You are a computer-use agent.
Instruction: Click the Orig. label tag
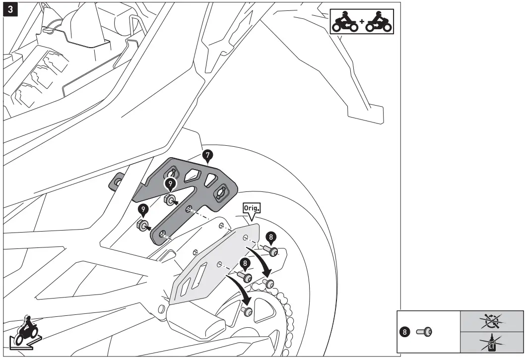coord(251,209)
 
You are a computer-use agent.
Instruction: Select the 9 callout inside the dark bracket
coord(170,183)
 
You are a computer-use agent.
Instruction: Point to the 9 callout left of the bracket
coord(143,210)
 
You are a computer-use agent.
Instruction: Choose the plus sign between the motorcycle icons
coord(362,22)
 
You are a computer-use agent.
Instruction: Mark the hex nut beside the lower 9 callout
coord(142,226)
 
